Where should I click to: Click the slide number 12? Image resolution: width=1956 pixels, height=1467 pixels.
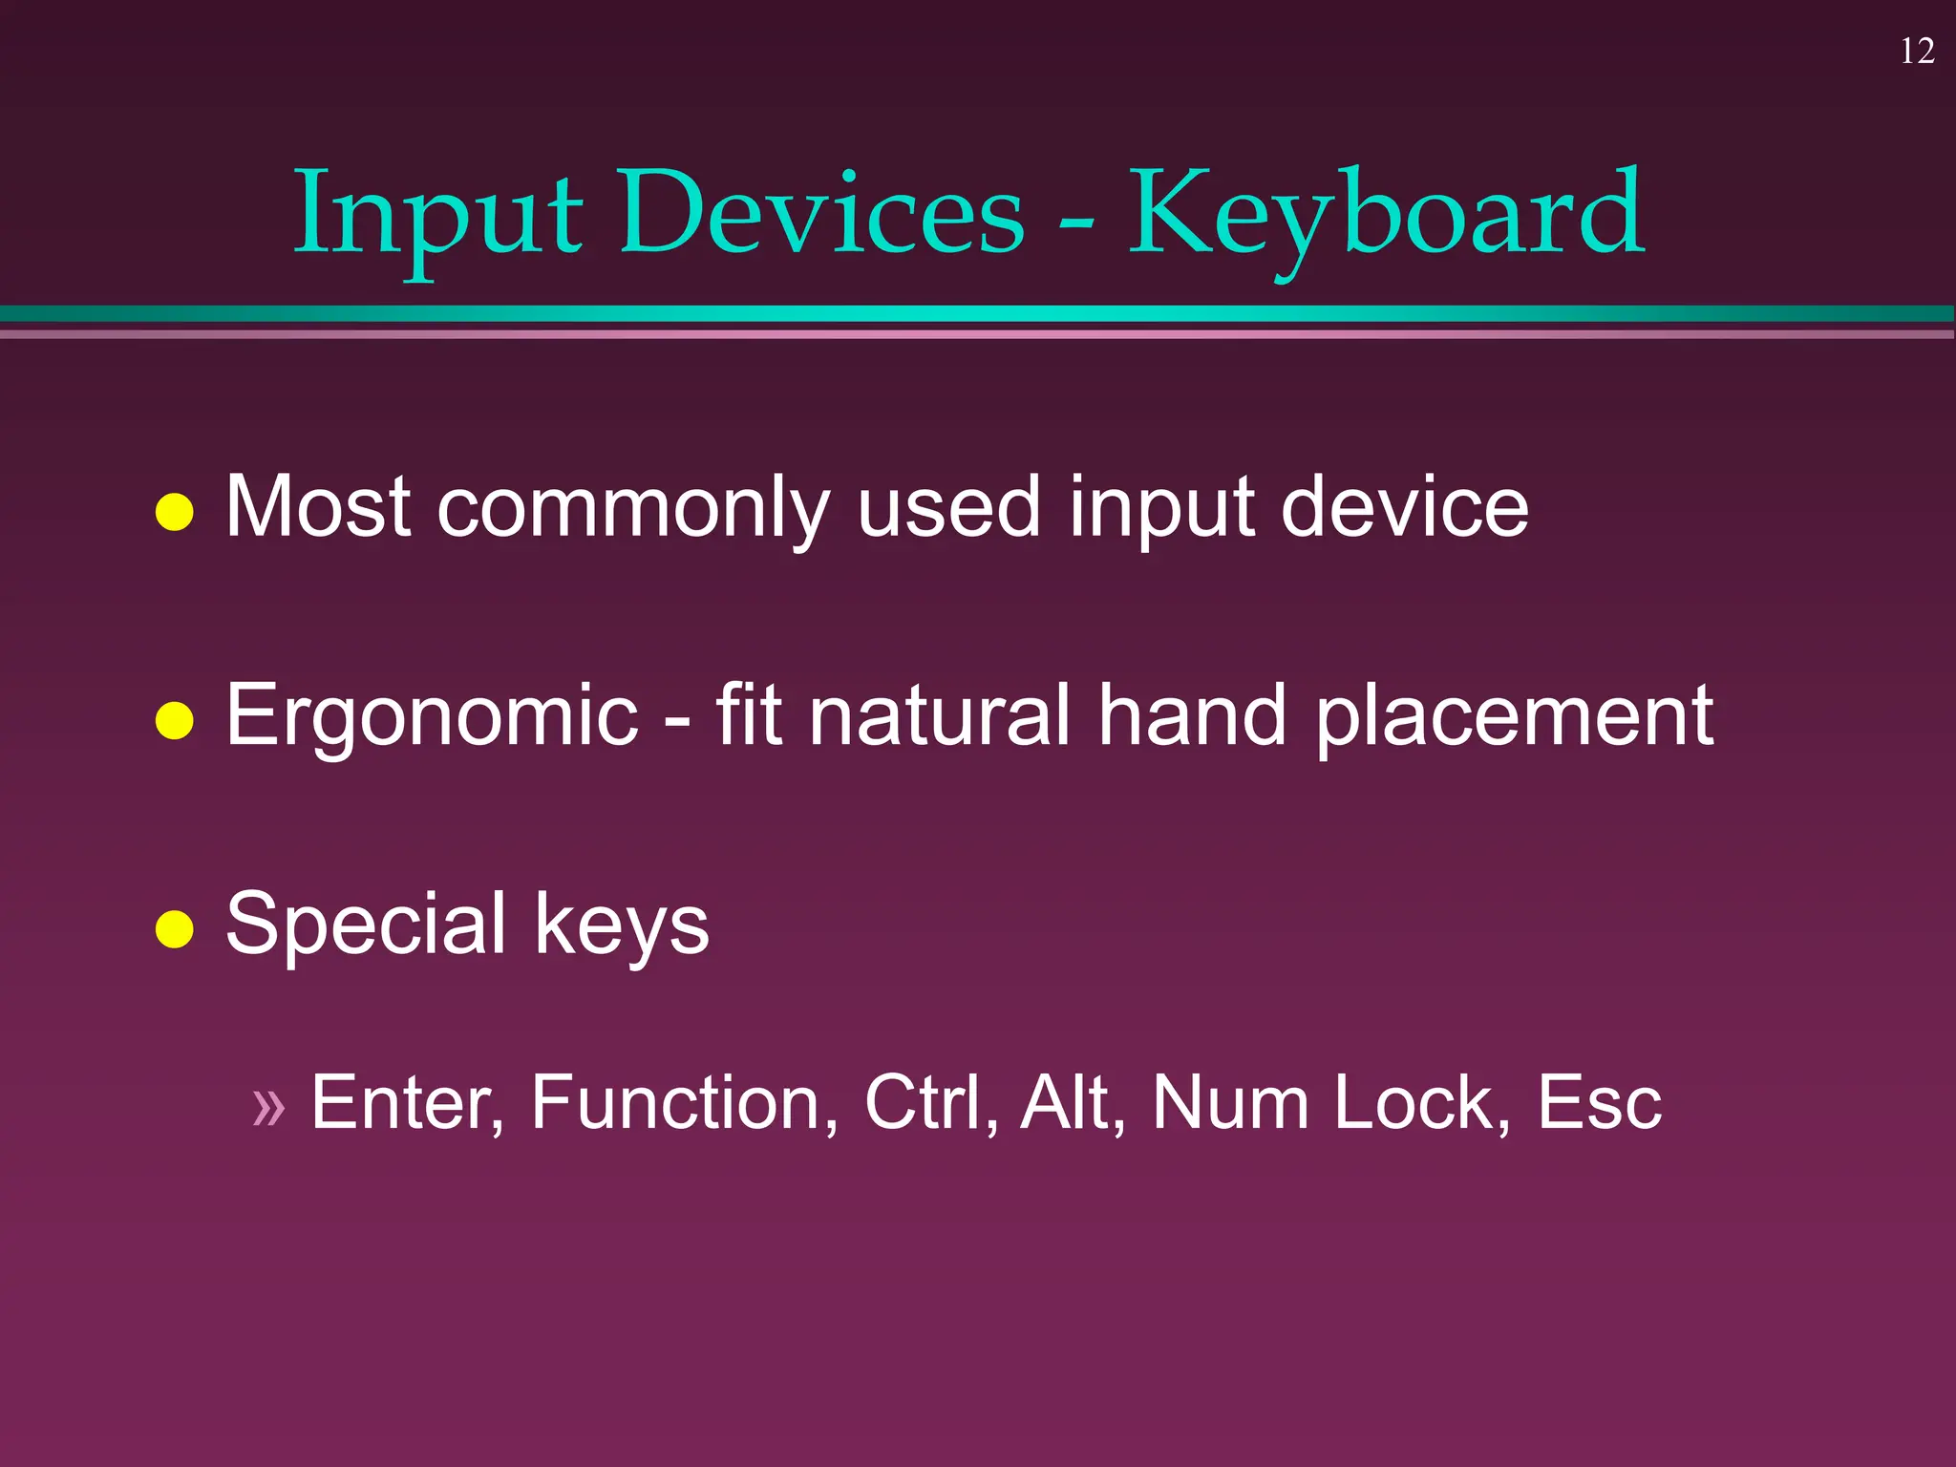(x=1917, y=52)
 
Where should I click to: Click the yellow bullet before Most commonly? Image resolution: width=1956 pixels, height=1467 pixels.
(x=175, y=512)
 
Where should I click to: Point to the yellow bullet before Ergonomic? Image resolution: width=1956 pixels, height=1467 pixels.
(x=175, y=721)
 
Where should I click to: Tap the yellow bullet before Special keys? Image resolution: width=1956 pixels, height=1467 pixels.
(x=175, y=928)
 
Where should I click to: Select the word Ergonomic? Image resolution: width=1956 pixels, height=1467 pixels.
(x=432, y=716)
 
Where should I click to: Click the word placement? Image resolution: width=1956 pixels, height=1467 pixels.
(x=1515, y=716)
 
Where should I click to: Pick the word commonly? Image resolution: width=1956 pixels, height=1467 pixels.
(x=632, y=509)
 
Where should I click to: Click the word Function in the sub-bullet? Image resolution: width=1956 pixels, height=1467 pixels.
(x=684, y=1103)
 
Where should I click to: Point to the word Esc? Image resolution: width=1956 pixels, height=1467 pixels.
(x=1600, y=1103)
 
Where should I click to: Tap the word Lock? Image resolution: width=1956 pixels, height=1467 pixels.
(x=1421, y=1103)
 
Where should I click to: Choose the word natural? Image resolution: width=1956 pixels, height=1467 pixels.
(x=940, y=716)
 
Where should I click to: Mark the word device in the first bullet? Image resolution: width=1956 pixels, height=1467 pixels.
(x=1404, y=507)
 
